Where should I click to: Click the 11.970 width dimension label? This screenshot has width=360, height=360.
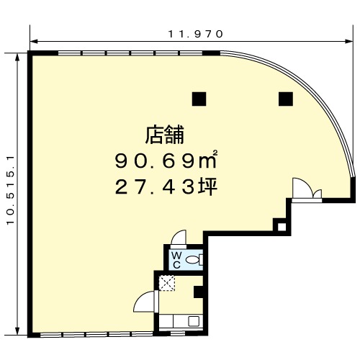pyautogui.click(x=195, y=34)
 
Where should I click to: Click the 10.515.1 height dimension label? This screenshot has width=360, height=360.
pyautogui.click(x=11, y=190)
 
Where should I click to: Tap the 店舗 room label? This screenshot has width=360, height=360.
pyautogui.click(x=165, y=135)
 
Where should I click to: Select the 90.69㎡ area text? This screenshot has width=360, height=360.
pyautogui.click(x=166, y=160)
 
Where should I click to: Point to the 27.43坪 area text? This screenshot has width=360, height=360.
pyautogui.click(x=166, y=187)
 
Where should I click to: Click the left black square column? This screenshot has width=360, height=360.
pyautogui.click(x=199, y=99)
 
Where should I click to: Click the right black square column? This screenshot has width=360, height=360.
pyautogui.click(x=286, y=99)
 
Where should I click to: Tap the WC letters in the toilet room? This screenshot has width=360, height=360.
pyautogui.click(x=176, y=260)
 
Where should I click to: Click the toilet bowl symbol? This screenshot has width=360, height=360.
pyautogui.click(x=193, y=260)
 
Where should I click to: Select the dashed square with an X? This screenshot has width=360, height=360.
pyautogui.click(x=167, y=283)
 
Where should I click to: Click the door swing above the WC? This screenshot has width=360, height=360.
pyautogui.click(x=179, y=238)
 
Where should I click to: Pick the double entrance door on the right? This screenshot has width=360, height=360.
pyautogui.click(x=307, y=189)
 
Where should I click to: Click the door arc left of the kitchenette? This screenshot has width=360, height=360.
pyautogui.click(x=144, y=302)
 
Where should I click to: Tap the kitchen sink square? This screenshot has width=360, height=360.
pyautogui.click(x=194, y=321)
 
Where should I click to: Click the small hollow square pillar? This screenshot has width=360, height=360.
pyautogui.click(x=282, y=227)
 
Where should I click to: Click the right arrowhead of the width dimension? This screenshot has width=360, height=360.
pyautogui.click(x=349, y=42)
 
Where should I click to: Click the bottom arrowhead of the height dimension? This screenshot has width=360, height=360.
pyautogui.click(x=17, y=331)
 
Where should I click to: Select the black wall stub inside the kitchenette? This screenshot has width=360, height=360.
pyautogui.click(x=198, y=292)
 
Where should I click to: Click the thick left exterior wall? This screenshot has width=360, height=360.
pyautogui.click(x=30, y=194)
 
